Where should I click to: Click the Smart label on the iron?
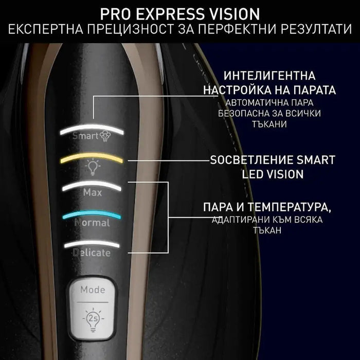click(84, 136)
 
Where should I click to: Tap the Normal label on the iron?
click(92, 223)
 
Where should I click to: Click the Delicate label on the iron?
click(92, 253)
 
